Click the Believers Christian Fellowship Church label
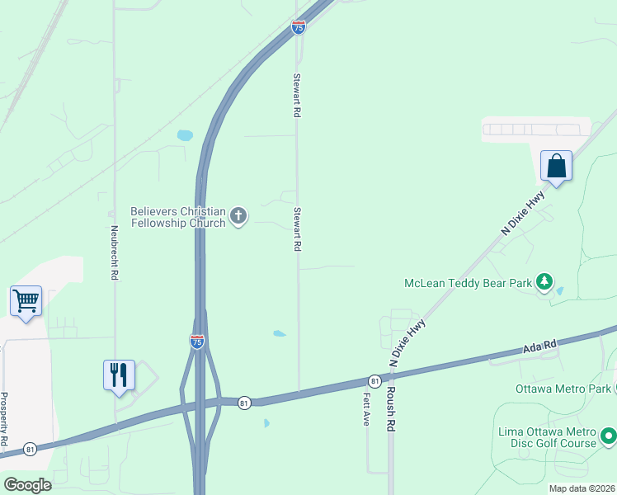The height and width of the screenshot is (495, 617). click(177, 217)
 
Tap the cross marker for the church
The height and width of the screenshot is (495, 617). click(238, 217)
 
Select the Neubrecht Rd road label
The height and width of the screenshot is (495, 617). click(114, 254)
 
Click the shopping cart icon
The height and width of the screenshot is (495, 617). click(26, 301)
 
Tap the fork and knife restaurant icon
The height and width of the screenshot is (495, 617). click(119, 375)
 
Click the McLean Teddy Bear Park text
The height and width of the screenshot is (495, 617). click(468, 283)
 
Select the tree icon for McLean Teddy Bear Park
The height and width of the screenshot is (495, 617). click(544, 282)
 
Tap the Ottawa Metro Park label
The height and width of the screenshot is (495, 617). click(563, 388)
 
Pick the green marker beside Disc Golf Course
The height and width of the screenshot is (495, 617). click(608, 434)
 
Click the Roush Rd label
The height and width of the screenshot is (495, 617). click(392, 406)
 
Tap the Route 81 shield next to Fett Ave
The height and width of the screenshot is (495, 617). click(374, 380)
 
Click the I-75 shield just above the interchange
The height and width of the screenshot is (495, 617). click(197, 341)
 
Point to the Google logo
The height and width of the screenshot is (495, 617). click(27, 485)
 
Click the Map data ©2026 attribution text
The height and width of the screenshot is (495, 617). click(582, 488)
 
